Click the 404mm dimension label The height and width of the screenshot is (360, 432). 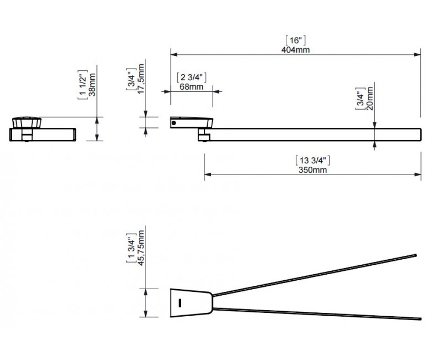[x=295, y=50]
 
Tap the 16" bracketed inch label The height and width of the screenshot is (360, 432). [x=295, y=40]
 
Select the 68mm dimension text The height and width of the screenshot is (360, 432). [x=192, y=87]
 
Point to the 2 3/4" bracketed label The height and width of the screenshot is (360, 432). [x=192, y=78]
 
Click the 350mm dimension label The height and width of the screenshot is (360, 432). [x=313, y=169]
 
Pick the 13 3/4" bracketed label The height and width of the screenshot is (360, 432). [x=313, y=160]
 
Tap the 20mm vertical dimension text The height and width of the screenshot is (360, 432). [x=370, y=99]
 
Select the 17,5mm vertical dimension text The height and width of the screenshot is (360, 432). [x=141, y=79]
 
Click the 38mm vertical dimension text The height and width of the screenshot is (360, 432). [x=92, y=85]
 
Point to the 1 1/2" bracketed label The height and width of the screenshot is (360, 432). [x=83, y=85]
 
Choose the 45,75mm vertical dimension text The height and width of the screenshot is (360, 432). [x=141, y=248]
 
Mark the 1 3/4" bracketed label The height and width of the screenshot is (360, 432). [x=131, y=248]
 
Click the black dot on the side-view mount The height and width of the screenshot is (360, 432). [x=173, y=123]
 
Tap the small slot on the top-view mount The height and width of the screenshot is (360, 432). [x=180, y=303]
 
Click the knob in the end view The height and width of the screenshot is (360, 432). [x=27, y=122]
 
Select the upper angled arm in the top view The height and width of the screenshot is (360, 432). [x=315, y=275]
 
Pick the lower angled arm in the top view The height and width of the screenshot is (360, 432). [x=317, y=313]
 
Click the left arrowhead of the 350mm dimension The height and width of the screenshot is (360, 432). [x=208, y=174]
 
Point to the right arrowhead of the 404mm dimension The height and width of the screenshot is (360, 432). [x=418, y=54]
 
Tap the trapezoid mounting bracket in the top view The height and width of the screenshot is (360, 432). [x=191, y=303]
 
